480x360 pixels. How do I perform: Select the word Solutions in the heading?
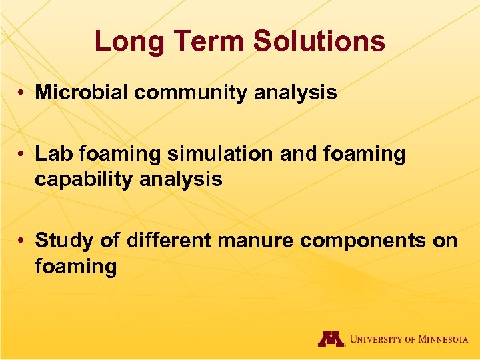click(x=319, y=41)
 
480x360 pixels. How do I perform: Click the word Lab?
click(x=54, y=154)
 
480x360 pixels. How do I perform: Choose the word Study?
click(x=63, y=240)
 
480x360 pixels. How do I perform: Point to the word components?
click(x=363, y=240)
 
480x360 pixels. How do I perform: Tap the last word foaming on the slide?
click(x=75, y=267)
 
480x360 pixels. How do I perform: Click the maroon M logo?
click(x=331, y=339)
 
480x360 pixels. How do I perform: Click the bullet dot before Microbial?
click(x=23, y=93)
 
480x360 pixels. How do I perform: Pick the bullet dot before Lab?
click(x=23, y=155)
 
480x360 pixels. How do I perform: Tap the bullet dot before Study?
click(x=23, y=240)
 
